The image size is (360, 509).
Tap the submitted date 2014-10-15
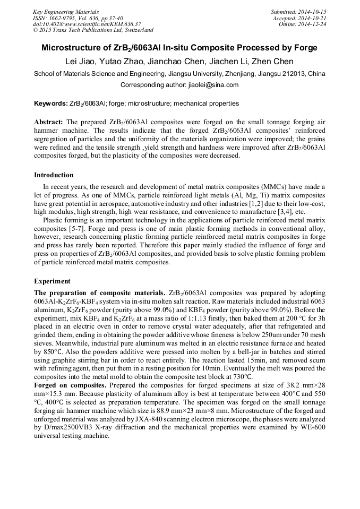click(312, 12)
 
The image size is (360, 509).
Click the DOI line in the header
click(87, 24)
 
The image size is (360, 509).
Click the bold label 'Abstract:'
click(49, 122)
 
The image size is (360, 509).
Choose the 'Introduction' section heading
click(54, 175)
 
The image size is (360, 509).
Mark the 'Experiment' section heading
click(52, 281)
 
